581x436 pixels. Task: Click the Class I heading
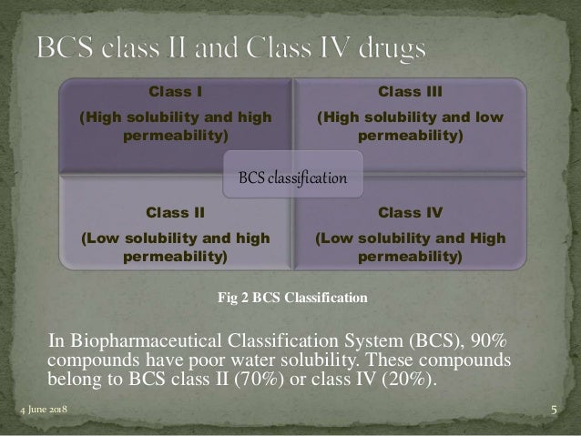175,91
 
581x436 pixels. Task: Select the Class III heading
410,91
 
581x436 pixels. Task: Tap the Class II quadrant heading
175,213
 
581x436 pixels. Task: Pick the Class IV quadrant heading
410,213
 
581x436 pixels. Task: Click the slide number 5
555,411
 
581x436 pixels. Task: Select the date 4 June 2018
44,411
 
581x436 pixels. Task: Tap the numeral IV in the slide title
319,47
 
